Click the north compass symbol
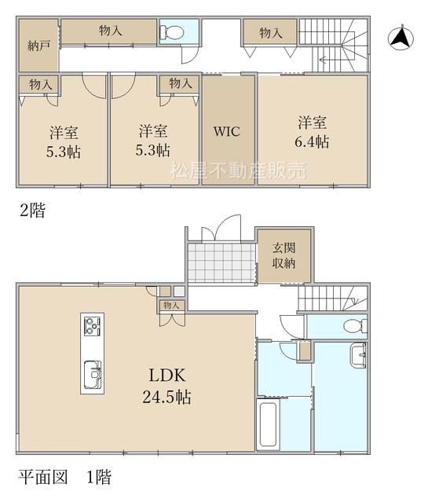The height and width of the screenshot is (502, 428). coord(401,38)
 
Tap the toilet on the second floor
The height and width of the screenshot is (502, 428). coord(171,31)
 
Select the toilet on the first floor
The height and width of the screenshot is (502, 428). coord(355,326)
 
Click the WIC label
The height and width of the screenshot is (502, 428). coord(227,131)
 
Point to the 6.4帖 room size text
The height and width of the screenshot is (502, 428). coord(312,141)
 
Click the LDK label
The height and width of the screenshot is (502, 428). coord(167,375)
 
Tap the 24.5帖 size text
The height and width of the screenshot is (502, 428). coord(166,397)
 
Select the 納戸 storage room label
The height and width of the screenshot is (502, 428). coord(38,46)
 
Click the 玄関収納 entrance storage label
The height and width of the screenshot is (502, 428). coord(284,255)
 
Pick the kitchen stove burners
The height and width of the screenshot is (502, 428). coord(92,325)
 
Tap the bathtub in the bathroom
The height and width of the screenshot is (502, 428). coord(268,424)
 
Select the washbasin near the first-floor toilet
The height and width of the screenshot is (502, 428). coord(358,354)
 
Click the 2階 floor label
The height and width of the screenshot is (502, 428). coord(33,211)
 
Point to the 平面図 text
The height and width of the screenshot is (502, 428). coord(43,477)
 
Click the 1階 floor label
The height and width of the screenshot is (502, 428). coord(99,477)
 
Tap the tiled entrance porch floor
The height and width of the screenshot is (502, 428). coord(221,263)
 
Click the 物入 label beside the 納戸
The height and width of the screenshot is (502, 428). coord(111,31)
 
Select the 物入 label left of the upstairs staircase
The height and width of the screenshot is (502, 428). coord(270,32)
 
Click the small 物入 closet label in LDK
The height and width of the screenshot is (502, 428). coord(171,305)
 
